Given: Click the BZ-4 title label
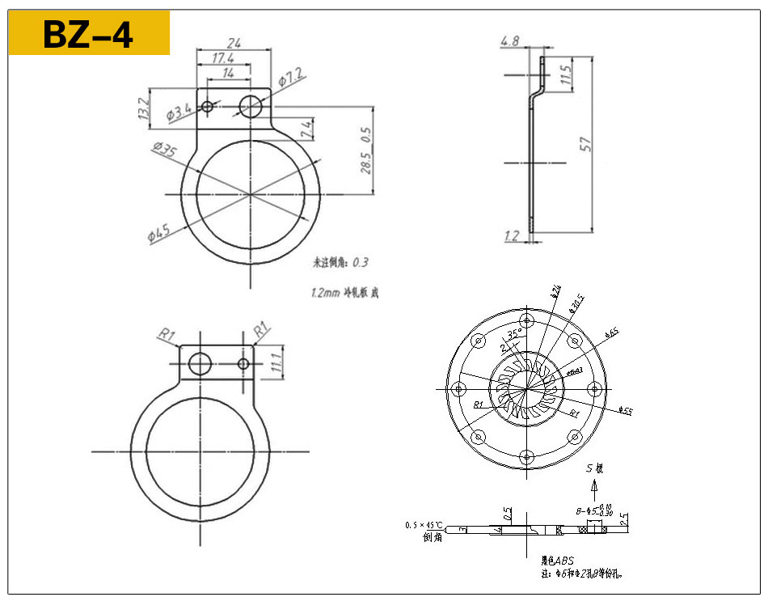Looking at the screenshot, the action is (88, 34).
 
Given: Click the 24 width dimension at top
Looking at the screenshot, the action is (234, 42).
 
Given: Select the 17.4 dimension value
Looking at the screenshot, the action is (225, 59).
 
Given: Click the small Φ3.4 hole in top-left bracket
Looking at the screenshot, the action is (208, 106).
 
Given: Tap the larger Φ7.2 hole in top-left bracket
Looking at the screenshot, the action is (251, 105).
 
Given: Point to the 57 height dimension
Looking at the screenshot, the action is (587, 145).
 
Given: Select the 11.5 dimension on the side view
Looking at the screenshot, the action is (566, 76).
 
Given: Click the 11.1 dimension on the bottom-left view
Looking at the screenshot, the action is (276, 361).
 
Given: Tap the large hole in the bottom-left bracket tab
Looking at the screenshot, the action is (199, 364).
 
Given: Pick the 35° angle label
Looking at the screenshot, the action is (514, 334).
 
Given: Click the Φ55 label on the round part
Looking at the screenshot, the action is (625, 411).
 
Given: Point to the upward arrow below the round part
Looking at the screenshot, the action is (595, 487).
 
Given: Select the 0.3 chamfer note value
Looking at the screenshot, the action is (361, 262).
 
